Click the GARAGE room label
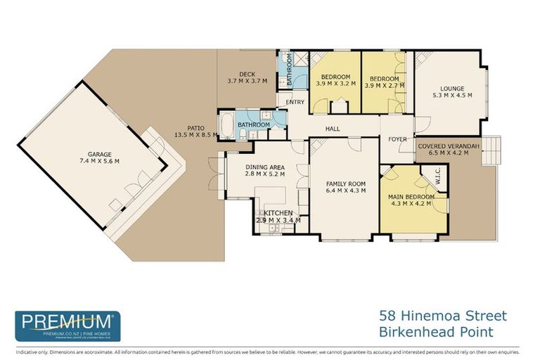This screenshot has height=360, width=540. tap(103, 154)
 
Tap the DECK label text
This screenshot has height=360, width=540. tap(246, 74)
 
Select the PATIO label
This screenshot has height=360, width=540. tap(195, 127)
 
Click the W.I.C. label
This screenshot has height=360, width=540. tap(437, 181)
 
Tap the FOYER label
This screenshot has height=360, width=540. tap(397, 139)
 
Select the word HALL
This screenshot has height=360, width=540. tap(333, 129)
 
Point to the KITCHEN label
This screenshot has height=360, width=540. tap(278, 212)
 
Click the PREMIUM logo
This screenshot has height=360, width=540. tap(67, 326)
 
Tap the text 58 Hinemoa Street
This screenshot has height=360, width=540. tap(442, 316)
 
